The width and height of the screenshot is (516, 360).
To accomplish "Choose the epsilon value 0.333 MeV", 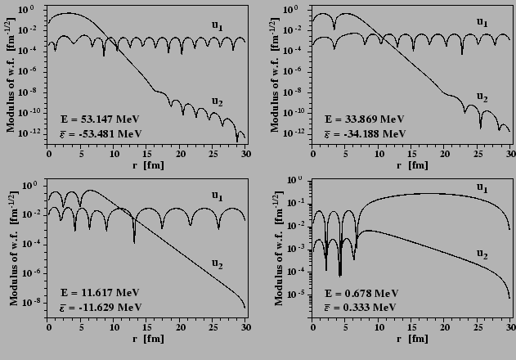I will pos(361,307).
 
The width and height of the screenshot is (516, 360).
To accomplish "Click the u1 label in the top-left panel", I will pos(218,26).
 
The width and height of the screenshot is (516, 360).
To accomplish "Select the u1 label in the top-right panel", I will pos(482,22).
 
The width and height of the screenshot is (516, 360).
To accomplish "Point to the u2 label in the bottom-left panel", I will pos(218,263).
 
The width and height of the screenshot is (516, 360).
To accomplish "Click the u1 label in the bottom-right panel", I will pos(482,188).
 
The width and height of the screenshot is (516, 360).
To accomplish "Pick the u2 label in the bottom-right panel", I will pos(482,255).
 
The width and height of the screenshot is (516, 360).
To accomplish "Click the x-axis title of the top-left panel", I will pos(146,165).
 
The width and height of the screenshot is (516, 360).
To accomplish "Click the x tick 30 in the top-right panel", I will pos(510,153).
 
